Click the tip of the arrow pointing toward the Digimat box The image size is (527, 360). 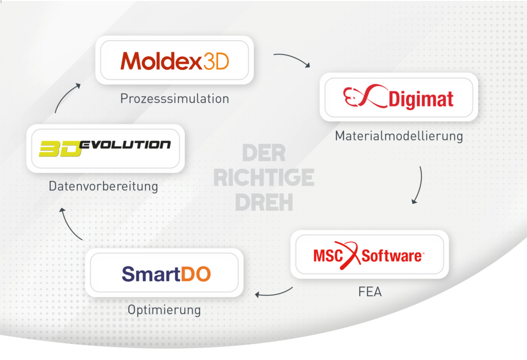pyautogui.click(x=310, y=67)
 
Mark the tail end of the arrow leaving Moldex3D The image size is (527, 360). pyautogui.click(x=274, y=55)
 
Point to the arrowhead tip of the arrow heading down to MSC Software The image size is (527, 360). pyautogui.click(x=414, y=204)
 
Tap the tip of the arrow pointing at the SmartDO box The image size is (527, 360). pyautogui.click(x=255, y=295)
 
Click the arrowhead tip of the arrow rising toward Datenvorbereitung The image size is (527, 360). pyautogui.click(x=61, y=208)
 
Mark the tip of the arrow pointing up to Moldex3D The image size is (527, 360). pyautogui.click(x=80, y=84)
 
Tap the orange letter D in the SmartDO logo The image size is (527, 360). pyautogui.click(x=188, y=274)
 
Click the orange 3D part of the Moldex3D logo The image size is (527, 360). pyautogui.click(x=216, y=61)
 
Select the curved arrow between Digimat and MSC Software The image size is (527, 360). pyautogui.click(x=417, y=185)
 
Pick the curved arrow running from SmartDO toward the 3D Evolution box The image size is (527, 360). pyautogui.click(x=69, y=226)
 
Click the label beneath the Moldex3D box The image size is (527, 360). pyautogui.click(x=175, y=99)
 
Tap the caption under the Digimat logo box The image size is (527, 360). pyautogui.click(x=399, y=136)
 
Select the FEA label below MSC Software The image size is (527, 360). pyautogui.click(x=370, y=292)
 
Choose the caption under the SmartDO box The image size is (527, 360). pyautogui.click(x=164, y=310)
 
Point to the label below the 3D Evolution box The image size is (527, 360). pyautogui.click(x=103, y=186)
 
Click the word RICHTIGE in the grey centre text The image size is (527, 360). pyautogui.click(x=264, y=177)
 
